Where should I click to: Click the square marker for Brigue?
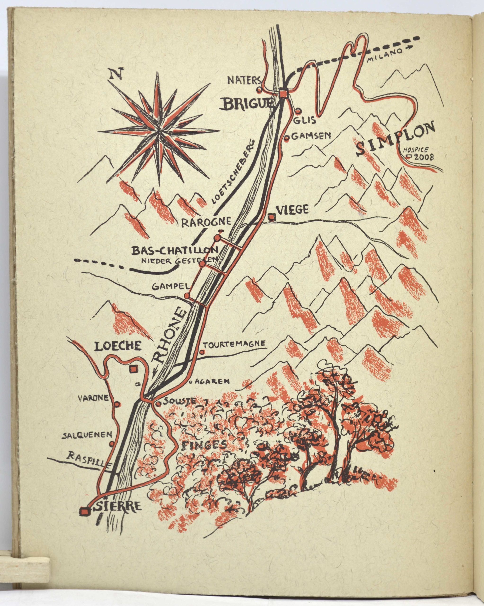(283, 93)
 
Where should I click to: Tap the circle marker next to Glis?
(298, 111)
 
